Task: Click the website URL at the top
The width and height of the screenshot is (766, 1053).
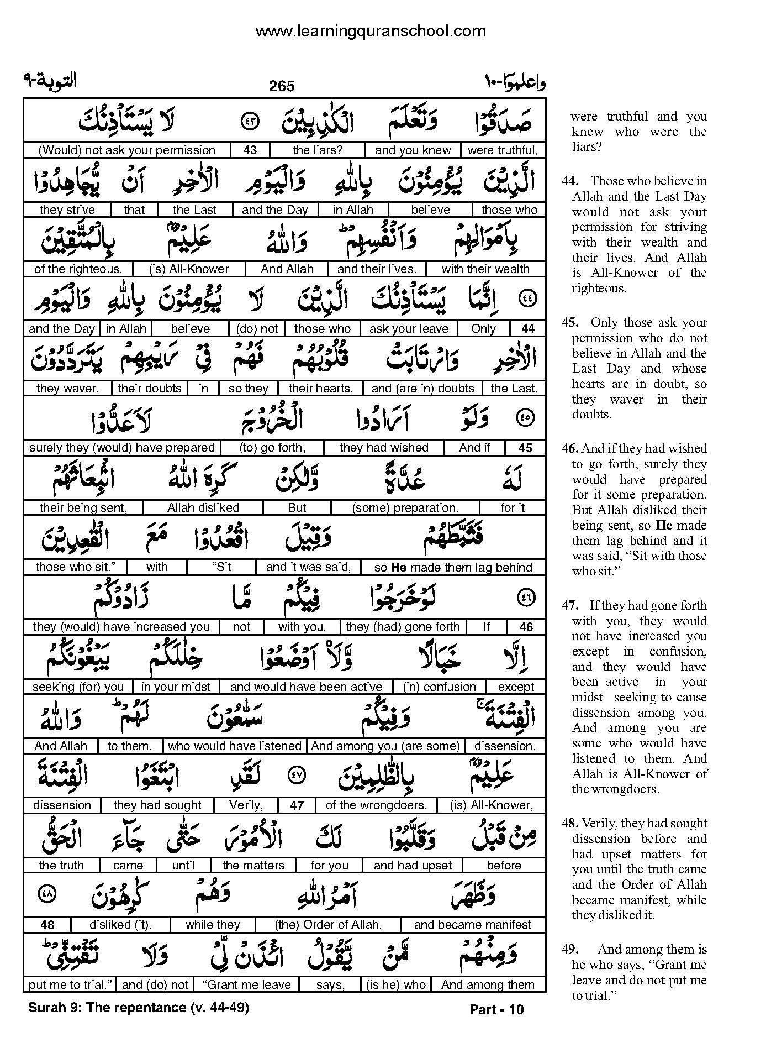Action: click(371, 32)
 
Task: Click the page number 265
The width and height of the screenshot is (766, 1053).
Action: click(282, 86)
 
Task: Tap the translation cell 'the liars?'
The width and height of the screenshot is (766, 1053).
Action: click(317, 150)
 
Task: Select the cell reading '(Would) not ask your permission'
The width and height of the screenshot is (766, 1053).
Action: click(127, 150)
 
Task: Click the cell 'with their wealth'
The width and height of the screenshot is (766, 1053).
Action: click(485, 269)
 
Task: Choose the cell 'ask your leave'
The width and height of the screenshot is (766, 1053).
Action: click(408, 329)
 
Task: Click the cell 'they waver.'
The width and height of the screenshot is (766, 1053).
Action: click(67, 389)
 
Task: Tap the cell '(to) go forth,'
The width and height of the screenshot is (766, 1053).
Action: click(272, 448)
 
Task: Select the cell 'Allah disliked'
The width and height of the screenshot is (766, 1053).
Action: click(203, 507)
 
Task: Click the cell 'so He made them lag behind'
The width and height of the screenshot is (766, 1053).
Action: click(453, 567)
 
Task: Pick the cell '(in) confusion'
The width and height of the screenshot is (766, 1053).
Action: click(439, 687)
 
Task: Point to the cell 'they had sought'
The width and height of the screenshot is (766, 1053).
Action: click(157, 805)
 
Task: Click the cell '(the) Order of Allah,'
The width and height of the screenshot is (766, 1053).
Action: click(328, 925)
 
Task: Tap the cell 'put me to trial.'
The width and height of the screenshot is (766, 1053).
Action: click(70, 984)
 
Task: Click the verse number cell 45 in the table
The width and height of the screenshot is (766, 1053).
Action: click(525, 448)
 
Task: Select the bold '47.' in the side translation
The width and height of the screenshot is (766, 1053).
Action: click(570, 605)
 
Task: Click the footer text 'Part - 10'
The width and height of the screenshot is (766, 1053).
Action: click(496, 1010)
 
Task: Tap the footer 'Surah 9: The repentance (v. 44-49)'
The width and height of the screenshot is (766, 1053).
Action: click(139, 1008)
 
